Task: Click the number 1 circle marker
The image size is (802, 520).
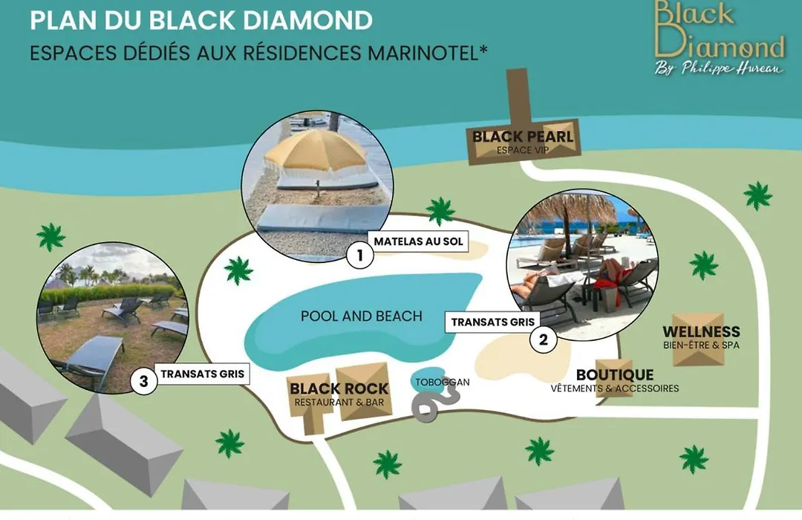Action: click(360, 254)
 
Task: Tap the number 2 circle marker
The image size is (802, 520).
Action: click(543, 339)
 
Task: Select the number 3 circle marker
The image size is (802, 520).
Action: click(144, 381)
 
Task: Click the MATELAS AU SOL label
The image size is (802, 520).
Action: click(418, 241)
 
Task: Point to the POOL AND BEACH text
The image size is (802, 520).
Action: click(362, 316)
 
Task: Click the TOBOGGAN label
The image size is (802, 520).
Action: click(442, 383)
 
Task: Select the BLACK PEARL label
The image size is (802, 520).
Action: click(523, 137)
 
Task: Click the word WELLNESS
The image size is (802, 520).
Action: click(701, 331)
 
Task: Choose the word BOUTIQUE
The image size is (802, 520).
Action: click(615, 375)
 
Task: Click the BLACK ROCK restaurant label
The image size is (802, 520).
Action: click(339, 389)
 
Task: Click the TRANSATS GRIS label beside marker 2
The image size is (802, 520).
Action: click(492, 322)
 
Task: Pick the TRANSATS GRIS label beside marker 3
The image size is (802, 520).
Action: click(203, 374)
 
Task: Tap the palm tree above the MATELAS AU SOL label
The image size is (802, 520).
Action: click(440, 211)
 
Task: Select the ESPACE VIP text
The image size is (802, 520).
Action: click(523, 150)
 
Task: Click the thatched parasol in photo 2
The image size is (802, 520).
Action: click(573, 207)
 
